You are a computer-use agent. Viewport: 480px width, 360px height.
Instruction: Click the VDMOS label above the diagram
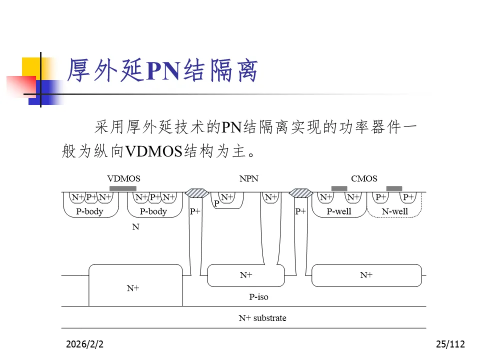click(x=123, y=178)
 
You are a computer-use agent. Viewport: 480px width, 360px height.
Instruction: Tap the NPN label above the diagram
click(x=249, y=178)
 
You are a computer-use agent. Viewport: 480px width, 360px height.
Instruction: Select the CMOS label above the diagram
click(x=364, y=178)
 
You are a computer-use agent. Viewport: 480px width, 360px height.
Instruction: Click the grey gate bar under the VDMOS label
click(x=123, y=188)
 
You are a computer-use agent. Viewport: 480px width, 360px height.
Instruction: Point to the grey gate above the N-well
click(x=394, y=188)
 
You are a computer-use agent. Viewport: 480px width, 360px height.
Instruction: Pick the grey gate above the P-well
click(x=339, y=188)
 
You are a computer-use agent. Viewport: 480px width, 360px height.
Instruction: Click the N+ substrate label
click(x=262, y=318)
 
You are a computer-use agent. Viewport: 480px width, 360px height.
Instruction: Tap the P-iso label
click(x=258, y=297)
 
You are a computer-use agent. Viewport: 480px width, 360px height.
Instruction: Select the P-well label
click(x=339, y=211)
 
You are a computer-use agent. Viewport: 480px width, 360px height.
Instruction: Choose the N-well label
click(x=395, y=211)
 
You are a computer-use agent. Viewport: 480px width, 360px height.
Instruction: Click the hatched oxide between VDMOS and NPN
click(x=196, y=192)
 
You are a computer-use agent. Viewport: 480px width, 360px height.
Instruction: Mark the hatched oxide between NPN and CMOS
click(x=301, y=192)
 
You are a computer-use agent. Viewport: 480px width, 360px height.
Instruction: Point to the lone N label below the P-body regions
click(x=135, y=227)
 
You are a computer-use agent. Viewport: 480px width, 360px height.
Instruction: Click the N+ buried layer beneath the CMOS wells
click(x=366, y=275)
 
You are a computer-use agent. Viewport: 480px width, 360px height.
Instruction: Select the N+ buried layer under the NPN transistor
click(x=246, y=275)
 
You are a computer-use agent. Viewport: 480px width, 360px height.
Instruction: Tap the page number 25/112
click(x=450, y=344)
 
